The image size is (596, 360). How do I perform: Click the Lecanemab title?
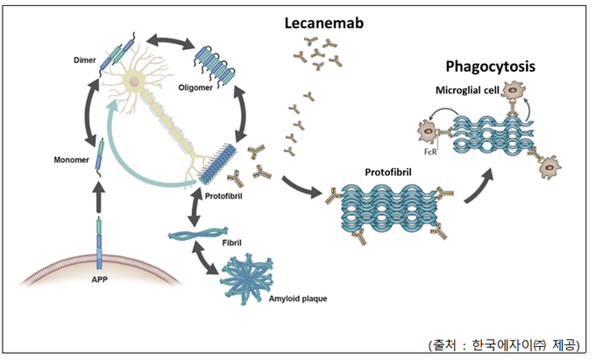pyautogui.click(x=323, y=23)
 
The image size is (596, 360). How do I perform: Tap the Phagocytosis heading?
pyautogui.click(x=490, y=67)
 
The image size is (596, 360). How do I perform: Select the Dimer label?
pyautogui.click(x=85, y=60)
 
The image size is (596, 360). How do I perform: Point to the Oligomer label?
pyautogui.click(x=195, y=88)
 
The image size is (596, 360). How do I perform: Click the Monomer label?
pyautogui.click(x=72, y=160)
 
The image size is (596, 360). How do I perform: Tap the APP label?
pyautogui.click(x=100, y=279)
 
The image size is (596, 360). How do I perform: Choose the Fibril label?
pyautogui.click(x=232, y=243)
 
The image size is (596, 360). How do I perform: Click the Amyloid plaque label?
pyautogui.click(x=298, y=299)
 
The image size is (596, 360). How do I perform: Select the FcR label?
pyautogui.click(x=430, y=152)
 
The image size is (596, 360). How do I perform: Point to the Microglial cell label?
pyautogui.click(x=467, y=90)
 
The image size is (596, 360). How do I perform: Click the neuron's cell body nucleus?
pyautogui.click(x=133, y=81)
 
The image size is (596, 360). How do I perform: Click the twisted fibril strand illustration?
pyautogui.click(x=199, y=233)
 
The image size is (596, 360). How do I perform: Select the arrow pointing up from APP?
pyautogui.click(x=99, y=197)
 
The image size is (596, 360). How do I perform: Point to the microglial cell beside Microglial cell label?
pyautogui.click(x=513, y=90)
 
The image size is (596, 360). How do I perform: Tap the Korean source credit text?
pyautogui.click(x=504, y=345)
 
